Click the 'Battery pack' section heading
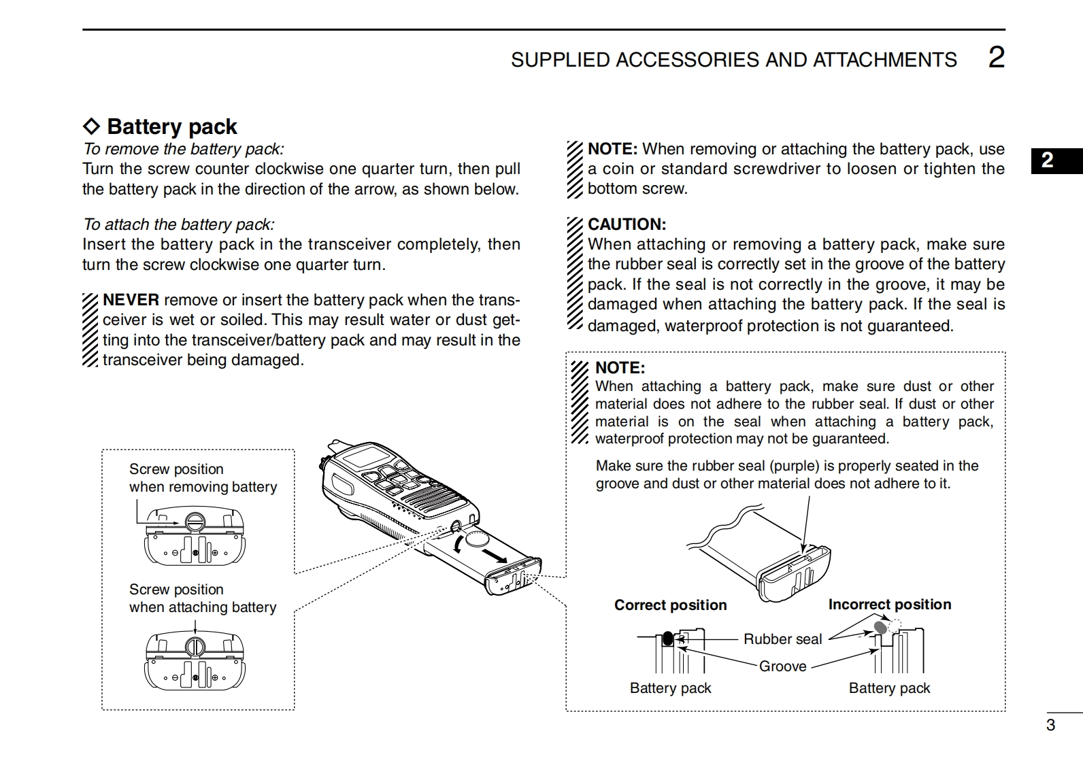171,126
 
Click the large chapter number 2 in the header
996,58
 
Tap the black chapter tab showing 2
1048,160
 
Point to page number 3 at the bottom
1050,725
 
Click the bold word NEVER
131,300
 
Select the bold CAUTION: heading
627,224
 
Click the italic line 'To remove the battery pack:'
184,149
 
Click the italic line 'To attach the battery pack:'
179,224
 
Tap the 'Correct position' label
670,605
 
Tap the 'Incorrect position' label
889,605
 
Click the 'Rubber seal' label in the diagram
782,639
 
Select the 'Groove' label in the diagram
782,666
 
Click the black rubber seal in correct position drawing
668,639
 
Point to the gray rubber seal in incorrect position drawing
881,627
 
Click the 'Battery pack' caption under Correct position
670,688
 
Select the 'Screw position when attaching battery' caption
203,598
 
